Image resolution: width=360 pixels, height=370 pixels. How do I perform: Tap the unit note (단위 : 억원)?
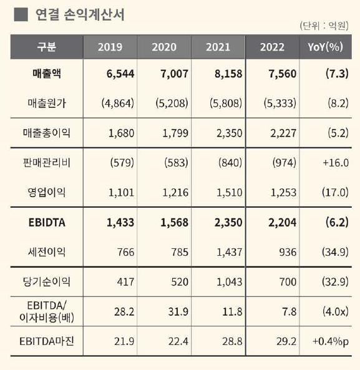click(x=322, y=26)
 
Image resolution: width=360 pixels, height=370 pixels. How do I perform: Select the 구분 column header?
click(x=46, y=47)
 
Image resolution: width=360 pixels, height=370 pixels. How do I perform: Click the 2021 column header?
click(x=218, y=47)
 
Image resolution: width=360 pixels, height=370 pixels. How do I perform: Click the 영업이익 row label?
click(x=46, y=193)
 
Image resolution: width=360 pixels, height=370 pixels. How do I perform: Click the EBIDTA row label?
click(x=46, y=223)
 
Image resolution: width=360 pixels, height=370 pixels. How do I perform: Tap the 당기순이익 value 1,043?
click(x=227, y=282)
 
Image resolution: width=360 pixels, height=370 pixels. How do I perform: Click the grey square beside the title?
click(x=20, y=14)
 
